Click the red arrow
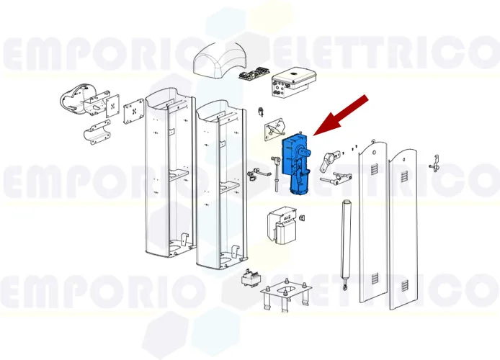pos(341,115)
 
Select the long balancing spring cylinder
pos(344,241)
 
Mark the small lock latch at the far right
pos(434,163)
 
